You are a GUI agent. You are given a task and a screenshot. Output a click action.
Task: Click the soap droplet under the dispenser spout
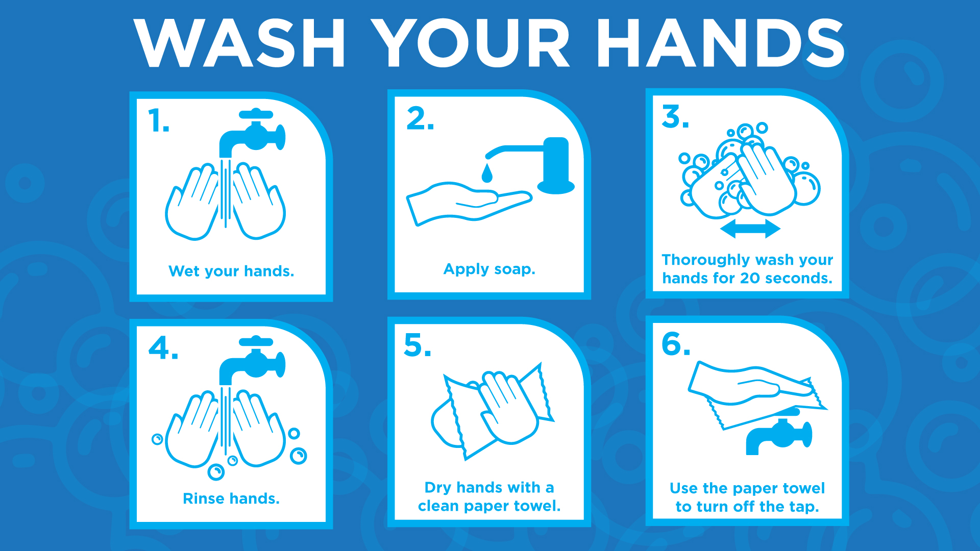487,172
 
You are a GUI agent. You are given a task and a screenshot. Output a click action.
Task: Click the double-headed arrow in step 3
750,229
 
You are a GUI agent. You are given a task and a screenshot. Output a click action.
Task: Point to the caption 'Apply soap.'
489,269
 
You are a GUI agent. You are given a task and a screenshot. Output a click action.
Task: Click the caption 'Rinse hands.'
231,498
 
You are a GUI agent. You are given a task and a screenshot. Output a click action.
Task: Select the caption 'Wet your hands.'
231,271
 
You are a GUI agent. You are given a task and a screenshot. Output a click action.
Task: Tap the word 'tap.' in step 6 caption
804,507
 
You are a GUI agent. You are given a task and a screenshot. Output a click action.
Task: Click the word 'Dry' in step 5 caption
438,488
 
